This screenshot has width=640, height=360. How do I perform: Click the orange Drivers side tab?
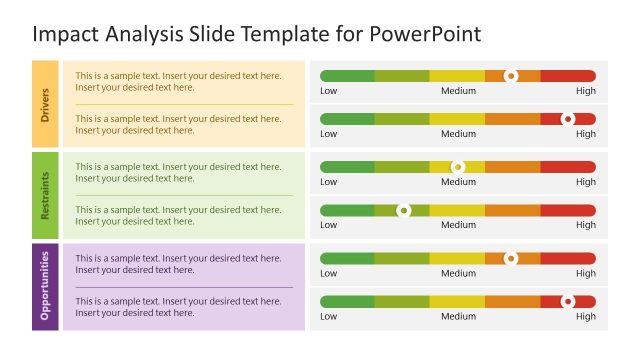point(45,104)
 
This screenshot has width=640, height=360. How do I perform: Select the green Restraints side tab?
point(45,194)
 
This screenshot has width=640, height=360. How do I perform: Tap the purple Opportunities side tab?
point(45,285)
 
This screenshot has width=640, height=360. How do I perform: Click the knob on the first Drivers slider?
point(511,76)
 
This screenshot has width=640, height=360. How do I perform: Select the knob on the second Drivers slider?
point(568,119)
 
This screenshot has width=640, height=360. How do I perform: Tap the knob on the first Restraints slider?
point(458,167)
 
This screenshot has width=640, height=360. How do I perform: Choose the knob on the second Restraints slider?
point(403,210)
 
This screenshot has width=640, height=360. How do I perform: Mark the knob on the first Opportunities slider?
point(511,258)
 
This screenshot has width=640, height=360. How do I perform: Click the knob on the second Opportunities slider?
point(568,301)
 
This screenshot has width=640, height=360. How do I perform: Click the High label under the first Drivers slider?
point(585,91)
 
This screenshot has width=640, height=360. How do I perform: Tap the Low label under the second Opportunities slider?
point(328,317)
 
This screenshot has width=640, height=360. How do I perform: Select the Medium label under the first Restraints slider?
point(458,182)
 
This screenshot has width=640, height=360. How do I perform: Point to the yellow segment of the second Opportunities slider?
point(457,301)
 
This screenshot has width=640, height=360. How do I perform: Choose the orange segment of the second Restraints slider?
point(512,210)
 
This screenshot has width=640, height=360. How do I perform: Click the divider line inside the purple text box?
point(184,287)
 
